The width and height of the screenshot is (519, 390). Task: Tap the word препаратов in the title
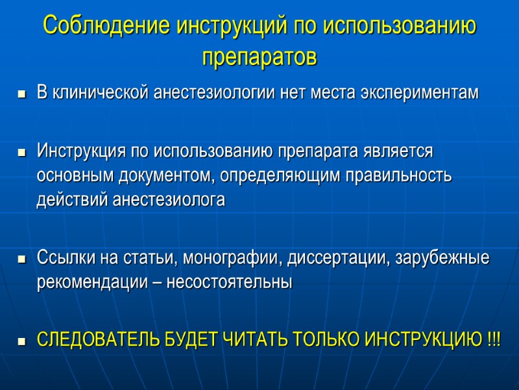(259, 57)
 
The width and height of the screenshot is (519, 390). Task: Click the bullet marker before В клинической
(22, 95)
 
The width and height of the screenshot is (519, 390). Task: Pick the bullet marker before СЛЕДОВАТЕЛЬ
(22, 341)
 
